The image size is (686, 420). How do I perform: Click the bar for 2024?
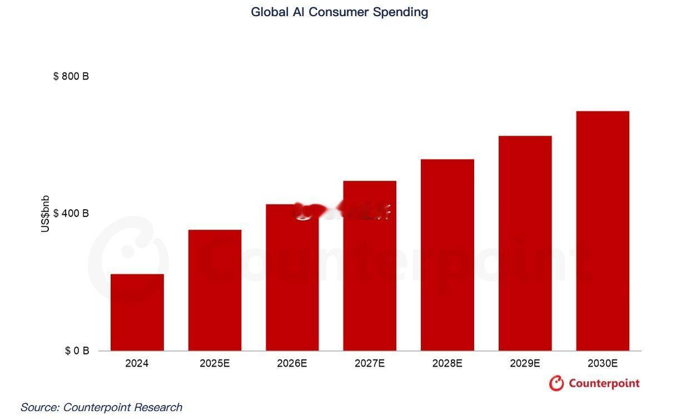(137, 312)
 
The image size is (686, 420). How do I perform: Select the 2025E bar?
(215, 290)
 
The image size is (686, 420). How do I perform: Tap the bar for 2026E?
(292, 278)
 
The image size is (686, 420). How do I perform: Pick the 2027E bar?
(370, 266)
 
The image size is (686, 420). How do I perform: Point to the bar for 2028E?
(447, 255)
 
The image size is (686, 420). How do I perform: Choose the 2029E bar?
(525, 243)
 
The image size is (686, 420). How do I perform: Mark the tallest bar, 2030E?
(603, 231)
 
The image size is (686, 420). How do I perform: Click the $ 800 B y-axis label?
(71, 76)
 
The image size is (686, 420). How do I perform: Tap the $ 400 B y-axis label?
(71, 214)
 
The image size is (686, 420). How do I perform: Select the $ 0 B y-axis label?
(77, 351)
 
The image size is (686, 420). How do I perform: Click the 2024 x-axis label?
(137, 364)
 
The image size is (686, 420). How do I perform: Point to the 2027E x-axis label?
(370, 364)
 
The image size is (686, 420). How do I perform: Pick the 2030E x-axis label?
(603, 364)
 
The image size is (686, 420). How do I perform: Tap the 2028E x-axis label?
(447, 364)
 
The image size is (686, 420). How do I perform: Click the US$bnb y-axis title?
(46, 214)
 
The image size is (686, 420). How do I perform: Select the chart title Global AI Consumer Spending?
(340, 12)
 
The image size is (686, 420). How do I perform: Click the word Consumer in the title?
(339, 12)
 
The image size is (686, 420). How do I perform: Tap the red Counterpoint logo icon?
(556, 383)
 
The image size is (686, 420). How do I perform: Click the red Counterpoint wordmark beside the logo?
(604, 383)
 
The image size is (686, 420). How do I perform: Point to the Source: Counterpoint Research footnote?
(101, 407)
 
